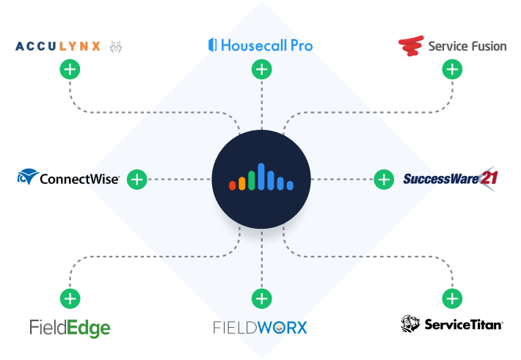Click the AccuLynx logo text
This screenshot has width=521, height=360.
coord(59,47)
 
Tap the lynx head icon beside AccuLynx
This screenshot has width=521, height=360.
coord(116,47)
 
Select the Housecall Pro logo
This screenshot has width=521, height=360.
coord(260,45)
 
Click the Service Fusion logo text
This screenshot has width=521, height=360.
coord(467,46)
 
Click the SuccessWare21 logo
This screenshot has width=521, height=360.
coord(451,178)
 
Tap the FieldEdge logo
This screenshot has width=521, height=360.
coord(70,326)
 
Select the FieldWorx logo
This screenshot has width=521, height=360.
coord(260,327)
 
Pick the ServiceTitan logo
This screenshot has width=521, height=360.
coord(452,323)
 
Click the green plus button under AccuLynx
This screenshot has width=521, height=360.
coord(70,70)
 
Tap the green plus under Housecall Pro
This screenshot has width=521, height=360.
coord(261,70)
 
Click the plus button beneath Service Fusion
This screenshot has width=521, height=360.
coord(452,70)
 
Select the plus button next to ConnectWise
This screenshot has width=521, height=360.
coord(136,179)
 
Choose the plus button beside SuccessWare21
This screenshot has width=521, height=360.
coord(383,179)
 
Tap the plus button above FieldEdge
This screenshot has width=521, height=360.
coord(70,298)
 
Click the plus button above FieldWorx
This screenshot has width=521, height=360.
coord(261,298)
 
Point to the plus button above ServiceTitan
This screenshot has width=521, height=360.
coord(452,298)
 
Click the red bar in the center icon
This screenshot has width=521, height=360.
coord(233,185)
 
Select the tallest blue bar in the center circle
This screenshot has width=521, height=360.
coord(261,176)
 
